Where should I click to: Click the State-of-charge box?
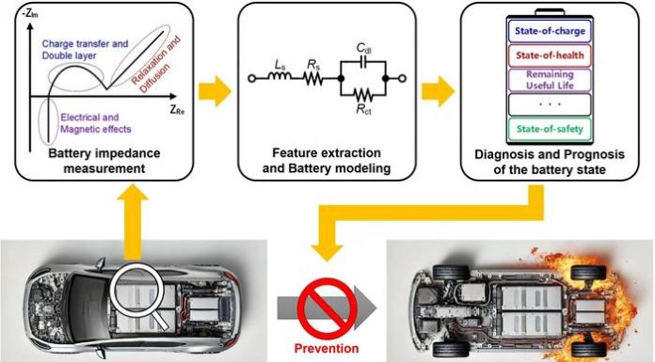coord(550,31)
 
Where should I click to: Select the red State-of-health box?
coord(550,55)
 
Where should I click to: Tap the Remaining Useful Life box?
coord(550,80)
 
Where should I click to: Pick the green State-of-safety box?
coord(550,129)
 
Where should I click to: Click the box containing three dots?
coord(550,104)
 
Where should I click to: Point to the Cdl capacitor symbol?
coord(363,62)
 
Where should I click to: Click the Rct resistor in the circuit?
coord(363,95)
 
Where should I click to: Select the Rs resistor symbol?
coord(313,78)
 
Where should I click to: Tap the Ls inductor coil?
coord(280,75)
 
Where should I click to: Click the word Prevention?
coord(327,348)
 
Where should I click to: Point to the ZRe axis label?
coord(177,110)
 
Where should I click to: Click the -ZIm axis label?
coord(30,15)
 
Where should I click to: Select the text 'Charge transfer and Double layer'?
coord(85,50)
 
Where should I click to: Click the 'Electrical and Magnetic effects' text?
coord(96,123)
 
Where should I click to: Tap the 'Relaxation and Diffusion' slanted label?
coord(155,64)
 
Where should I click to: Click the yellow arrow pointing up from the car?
coord(133,224)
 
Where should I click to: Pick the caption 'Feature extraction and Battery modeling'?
coord(327,161)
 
